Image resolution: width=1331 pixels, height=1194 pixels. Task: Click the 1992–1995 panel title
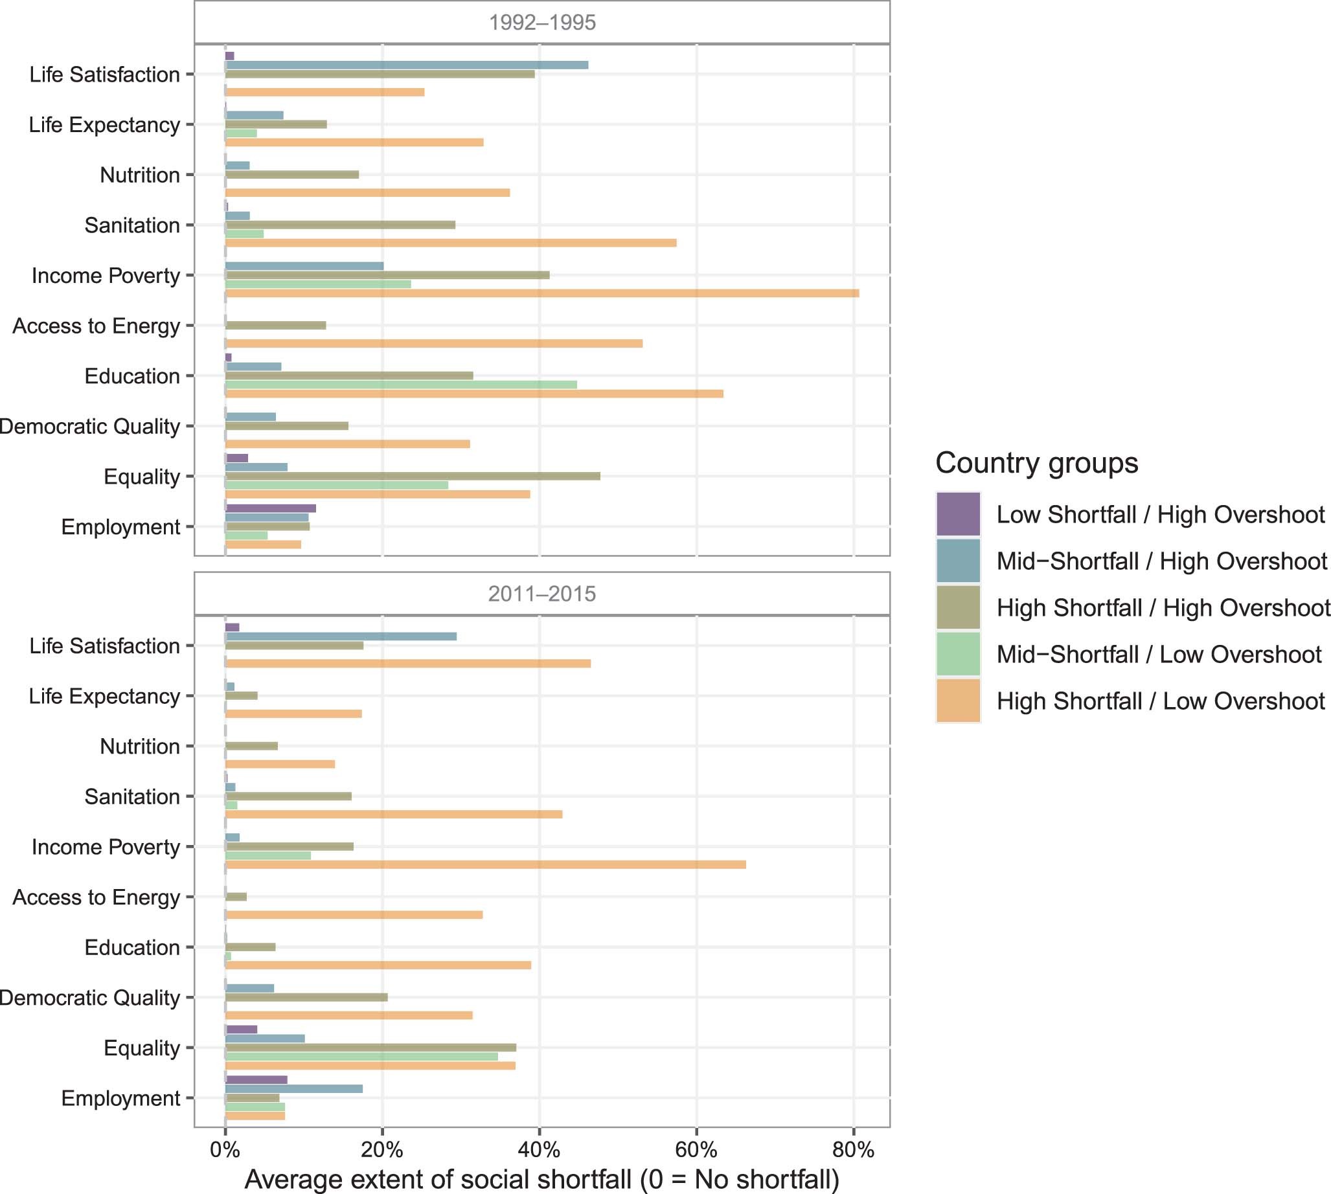point(542,22)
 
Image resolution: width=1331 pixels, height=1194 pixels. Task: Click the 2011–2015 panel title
point(542,594)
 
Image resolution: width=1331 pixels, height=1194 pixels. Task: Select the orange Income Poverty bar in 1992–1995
point(541,293)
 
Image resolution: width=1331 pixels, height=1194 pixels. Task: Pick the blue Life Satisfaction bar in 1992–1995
point(406,65)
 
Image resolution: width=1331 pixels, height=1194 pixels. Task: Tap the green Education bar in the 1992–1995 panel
point(400,385)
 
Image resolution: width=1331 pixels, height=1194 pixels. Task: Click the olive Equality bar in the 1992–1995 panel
point(412,477)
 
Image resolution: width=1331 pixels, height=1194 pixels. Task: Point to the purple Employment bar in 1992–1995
point(270,508)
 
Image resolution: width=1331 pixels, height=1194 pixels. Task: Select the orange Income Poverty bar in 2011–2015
point(485,864)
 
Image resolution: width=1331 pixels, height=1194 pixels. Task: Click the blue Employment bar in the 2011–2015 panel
point(293,1089)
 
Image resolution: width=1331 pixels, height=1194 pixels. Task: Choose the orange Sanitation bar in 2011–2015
point(393,814)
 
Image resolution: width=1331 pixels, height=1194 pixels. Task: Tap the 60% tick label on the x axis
point(696,1150)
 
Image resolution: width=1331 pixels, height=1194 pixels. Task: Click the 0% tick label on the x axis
point(225,1150)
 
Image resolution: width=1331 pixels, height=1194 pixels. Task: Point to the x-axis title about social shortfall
point(541,1179)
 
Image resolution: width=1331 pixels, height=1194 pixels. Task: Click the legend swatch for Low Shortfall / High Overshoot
point(958,514)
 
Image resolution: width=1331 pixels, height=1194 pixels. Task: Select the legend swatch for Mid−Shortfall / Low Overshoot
point(958,654)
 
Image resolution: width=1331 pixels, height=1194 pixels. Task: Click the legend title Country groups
point(1036,463)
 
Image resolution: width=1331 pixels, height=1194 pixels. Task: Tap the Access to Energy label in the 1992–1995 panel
point(96,326)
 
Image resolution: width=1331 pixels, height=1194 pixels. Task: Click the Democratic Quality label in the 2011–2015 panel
point(89,998)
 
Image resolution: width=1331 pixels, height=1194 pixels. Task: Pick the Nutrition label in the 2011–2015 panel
point(139,747)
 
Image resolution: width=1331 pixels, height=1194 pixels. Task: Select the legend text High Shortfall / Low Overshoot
point(1161,701)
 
